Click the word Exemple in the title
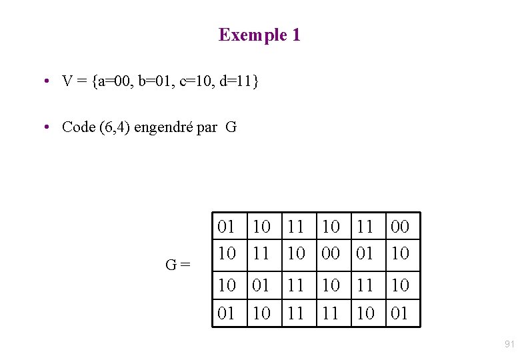tap(253, 35)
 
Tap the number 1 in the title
tap(296, 35)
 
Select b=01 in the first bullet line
tap(155, 81)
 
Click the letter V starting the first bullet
tap(67, 81)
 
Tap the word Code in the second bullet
tap(79, 127)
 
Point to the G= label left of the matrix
tap(178, 265)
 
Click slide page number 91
tap(509, 344)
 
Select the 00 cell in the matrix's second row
tap(330, 253)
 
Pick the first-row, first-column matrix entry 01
tap(227, 227)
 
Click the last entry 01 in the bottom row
tap(399, 313)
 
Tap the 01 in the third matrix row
tap(261, 285)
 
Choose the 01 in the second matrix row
tap(365, 253)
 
